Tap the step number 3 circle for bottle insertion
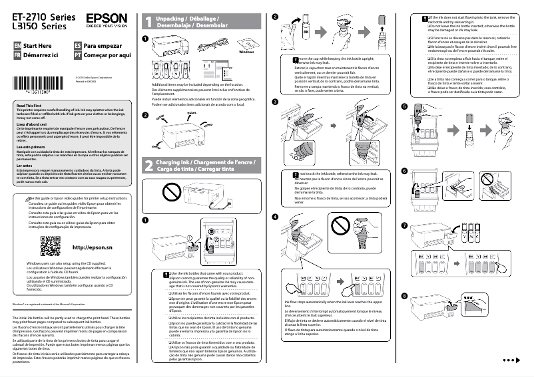pyautogui.click(x=276, y=101)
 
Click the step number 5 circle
pyautogui.click(x=403, y=106)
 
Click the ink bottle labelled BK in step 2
pyautogui.click(x=306, y=31)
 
